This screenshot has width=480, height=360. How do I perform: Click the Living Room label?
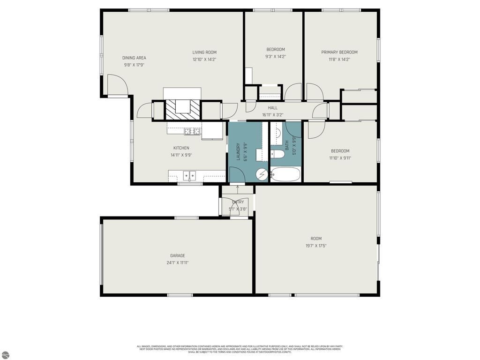click(x=204, y=52)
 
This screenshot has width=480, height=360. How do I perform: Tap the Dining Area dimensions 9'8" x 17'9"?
click(x=134, y=65)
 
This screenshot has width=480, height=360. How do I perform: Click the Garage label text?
click(x=177, y=256)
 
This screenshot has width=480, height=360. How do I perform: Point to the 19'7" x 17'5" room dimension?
click(x=316, y=246)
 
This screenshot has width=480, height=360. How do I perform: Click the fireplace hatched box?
click(x=182, y=110)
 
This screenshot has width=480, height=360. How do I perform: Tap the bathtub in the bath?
click(x=285, y=174)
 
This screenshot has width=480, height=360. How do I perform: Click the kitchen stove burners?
click(x=192, y=131)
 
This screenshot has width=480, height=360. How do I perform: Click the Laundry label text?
click(x=238, y=152)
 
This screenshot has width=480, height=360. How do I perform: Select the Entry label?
click(x=238, y=202)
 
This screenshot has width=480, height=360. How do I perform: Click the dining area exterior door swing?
click(x=116, y=84)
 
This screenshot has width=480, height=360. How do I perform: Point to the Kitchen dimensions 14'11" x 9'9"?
click(x=181, y=155)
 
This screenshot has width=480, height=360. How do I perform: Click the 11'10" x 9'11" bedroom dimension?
click(x=340, y=158)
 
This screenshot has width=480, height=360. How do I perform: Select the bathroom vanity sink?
click(x=277, y=133)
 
